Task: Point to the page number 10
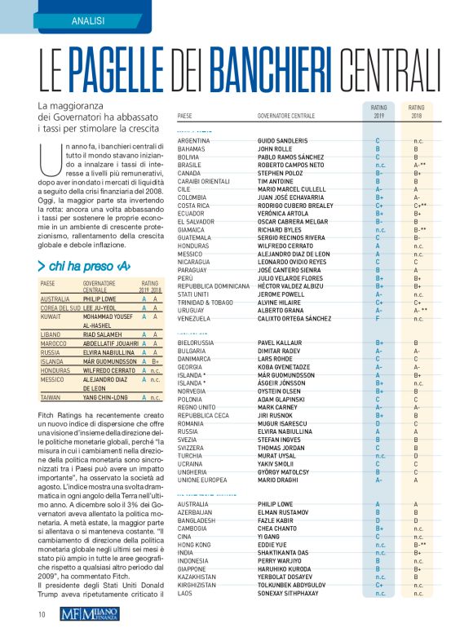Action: [x=41, y=613]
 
